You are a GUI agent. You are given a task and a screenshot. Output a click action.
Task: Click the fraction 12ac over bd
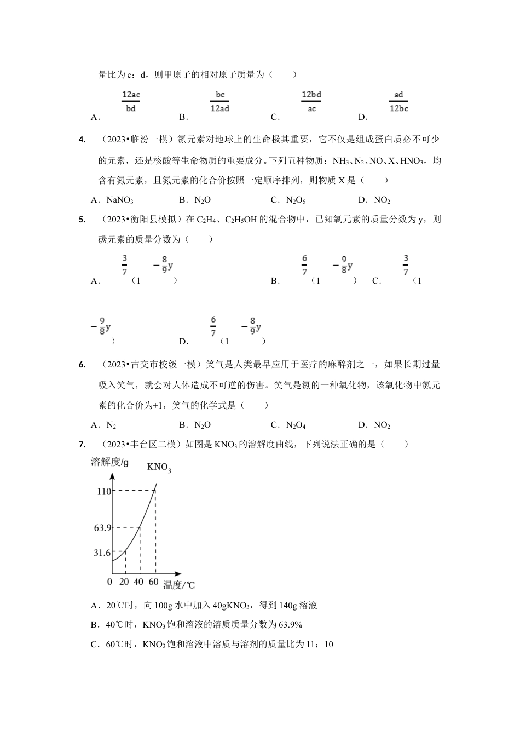131,101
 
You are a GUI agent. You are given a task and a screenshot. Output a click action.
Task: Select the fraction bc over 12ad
220,101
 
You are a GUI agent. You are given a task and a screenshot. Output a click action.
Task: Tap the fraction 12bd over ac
311,101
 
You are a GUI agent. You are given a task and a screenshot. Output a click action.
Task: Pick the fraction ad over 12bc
398,101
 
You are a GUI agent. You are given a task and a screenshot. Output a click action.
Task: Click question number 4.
82,140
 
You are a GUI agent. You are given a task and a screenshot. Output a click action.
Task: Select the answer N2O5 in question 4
296,200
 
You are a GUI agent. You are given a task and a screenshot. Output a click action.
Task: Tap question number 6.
82,365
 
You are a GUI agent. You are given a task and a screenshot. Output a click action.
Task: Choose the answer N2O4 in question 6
296,425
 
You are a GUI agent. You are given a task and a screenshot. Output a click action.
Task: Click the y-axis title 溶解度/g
109,462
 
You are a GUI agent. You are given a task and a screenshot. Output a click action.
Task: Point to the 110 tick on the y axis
104,491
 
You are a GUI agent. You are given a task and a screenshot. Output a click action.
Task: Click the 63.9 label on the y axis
102,528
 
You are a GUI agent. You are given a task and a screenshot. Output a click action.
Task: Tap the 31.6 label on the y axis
102,553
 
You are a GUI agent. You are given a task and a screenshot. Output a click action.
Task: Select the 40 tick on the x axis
138,582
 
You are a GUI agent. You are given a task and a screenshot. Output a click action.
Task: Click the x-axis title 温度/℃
178,585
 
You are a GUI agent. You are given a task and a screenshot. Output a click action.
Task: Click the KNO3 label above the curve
159,468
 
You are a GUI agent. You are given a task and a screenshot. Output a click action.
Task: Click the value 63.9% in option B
291,625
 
